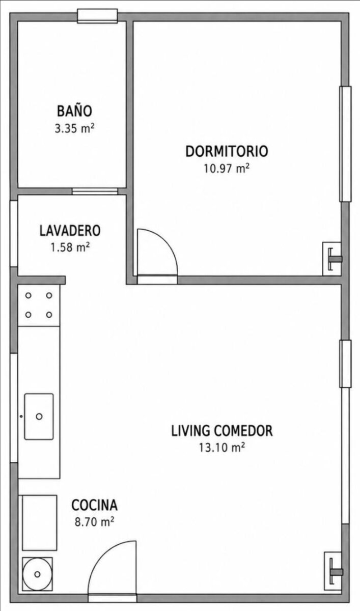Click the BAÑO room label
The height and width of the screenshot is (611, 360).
point(74,111)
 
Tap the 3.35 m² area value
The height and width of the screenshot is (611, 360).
point(74,128)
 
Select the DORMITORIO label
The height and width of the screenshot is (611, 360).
point(227,151)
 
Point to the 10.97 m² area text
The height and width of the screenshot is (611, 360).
point(227,169)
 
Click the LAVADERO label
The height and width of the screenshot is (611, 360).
point(70,230)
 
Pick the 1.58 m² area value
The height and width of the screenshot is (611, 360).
point(70,247)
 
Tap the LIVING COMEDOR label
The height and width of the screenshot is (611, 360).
point(221,431)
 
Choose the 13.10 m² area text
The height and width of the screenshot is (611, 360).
point(221,448)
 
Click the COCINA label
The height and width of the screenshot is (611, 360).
point(94,505)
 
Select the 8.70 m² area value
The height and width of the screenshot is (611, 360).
point(94,522)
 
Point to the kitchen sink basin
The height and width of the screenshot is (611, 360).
point(39,416)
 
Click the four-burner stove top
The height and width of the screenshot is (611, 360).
point(39,305)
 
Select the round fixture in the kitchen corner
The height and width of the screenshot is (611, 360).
point(37,574)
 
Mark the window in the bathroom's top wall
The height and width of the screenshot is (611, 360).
point(97,16)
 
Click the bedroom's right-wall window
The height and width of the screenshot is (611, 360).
point(345,144)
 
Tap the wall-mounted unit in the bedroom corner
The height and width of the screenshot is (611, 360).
point(332,259)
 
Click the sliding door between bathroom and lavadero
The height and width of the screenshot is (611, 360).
point(95,191)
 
